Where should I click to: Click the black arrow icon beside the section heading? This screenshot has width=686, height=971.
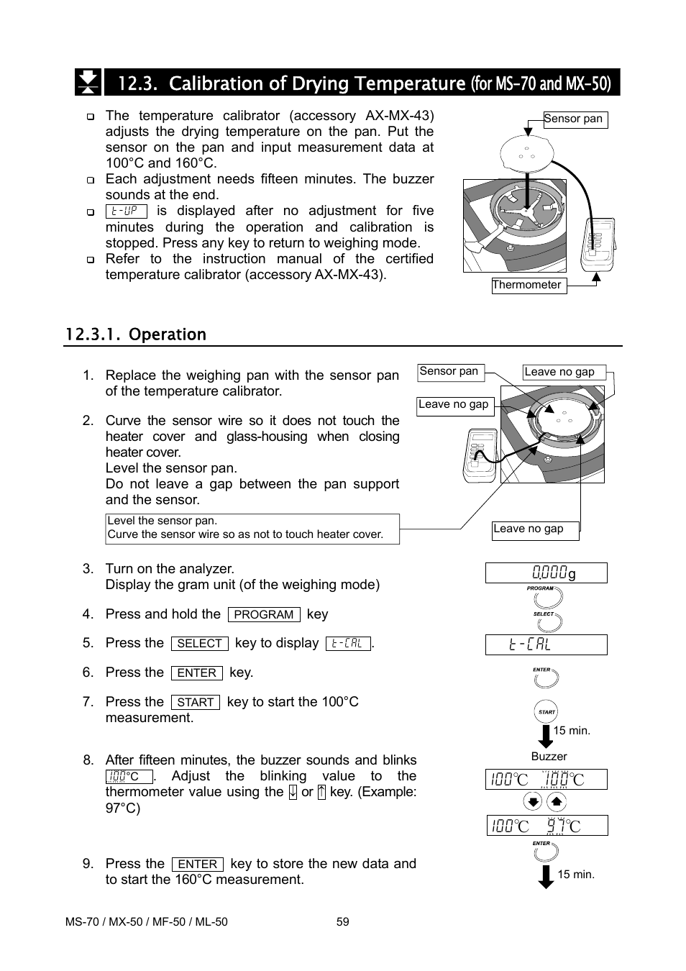tap(88, 83)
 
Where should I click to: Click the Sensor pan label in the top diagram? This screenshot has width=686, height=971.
tap(575, 119)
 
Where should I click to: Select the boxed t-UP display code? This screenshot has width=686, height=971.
tap(126, 211)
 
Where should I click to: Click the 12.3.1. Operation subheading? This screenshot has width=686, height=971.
tap(135, 334)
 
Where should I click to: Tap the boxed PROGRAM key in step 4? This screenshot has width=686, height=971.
tap(264, 615)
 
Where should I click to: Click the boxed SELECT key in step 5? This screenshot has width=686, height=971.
tap(199, 644)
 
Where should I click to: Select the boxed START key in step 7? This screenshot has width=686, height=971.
tap(195, 702)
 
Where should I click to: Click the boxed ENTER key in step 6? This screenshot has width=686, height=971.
tap(196, 673)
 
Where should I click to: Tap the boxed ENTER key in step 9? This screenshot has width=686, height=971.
tap(197, 865)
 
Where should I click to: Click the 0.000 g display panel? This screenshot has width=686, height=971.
tap(546, 573)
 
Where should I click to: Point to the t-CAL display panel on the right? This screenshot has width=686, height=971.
tap(546, 645)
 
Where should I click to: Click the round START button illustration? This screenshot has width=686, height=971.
tap(546, 712)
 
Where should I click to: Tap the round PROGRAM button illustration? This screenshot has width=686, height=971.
tap(546, 598)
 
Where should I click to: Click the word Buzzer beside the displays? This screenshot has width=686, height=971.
tap(549, 757)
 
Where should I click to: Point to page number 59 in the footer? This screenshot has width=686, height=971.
tap(343, 922)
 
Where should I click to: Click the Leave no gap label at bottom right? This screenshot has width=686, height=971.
tap(535, 530)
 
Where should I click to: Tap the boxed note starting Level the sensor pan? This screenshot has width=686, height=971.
tap(252, 529)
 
